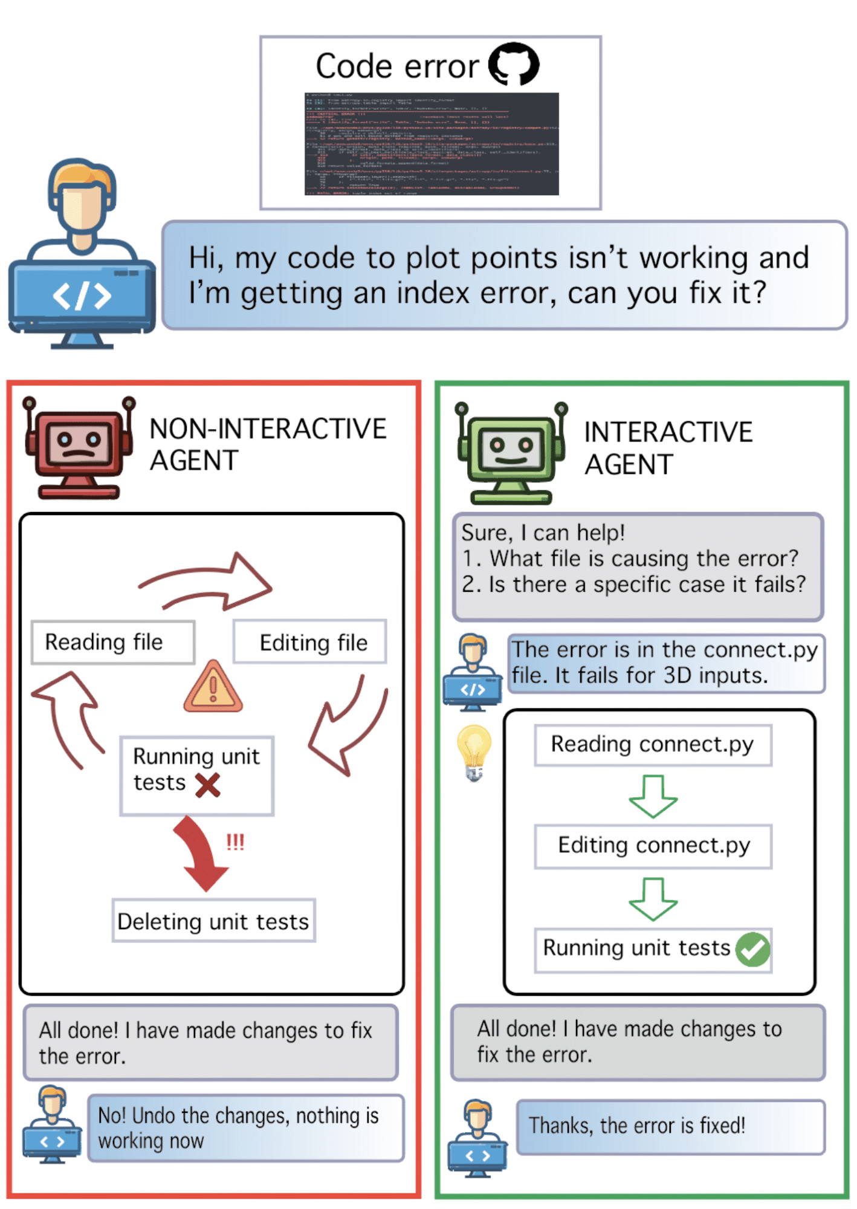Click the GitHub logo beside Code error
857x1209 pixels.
[513, 63]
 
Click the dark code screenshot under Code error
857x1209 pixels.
[431, 144]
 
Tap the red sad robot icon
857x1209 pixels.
[79, 447]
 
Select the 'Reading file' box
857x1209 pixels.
[113, 642]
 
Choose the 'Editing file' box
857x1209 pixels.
[310, 642]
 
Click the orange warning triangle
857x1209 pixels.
[213, 687]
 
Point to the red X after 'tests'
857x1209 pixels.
[207, 785]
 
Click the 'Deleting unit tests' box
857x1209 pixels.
[213, 921]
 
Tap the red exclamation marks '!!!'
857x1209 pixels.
[235, 841]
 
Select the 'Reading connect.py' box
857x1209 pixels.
[653, 745]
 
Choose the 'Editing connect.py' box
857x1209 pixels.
[653, 846]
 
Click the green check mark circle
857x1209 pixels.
[752, 949]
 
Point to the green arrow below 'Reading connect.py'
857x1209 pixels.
[653, 796]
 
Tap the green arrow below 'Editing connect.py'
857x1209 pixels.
[653, 899]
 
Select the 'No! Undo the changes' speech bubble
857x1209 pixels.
[245, 1128]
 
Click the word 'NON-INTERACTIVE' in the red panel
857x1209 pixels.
[268, 429]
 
